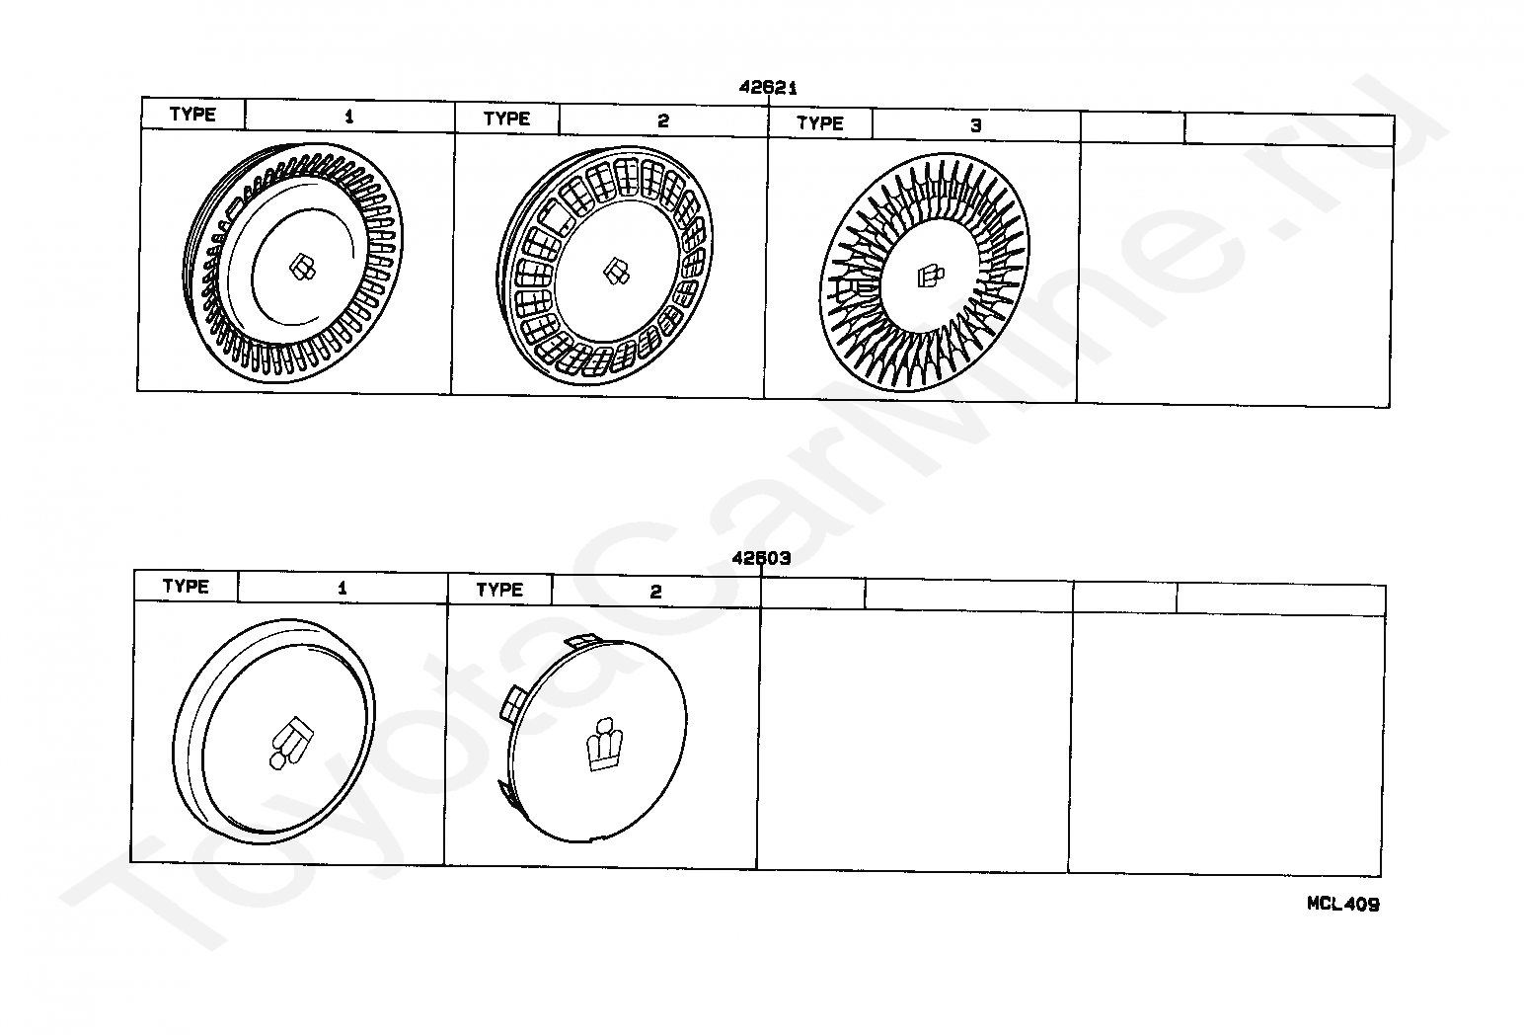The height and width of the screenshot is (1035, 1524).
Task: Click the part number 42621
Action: [x=768, y=87]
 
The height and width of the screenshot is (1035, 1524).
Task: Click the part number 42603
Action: [x=761, y=558]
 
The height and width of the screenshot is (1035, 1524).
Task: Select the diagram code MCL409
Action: [x=1343, y=904]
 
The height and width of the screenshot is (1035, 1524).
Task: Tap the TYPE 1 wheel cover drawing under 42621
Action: [x=293, y=263]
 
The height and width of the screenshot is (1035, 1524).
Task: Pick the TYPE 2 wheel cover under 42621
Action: [x=605, y=266]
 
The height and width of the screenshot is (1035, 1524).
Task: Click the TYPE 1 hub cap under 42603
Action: [x=273, y=731]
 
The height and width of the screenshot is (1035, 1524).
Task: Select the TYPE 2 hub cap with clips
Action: [x=593, y=739]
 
